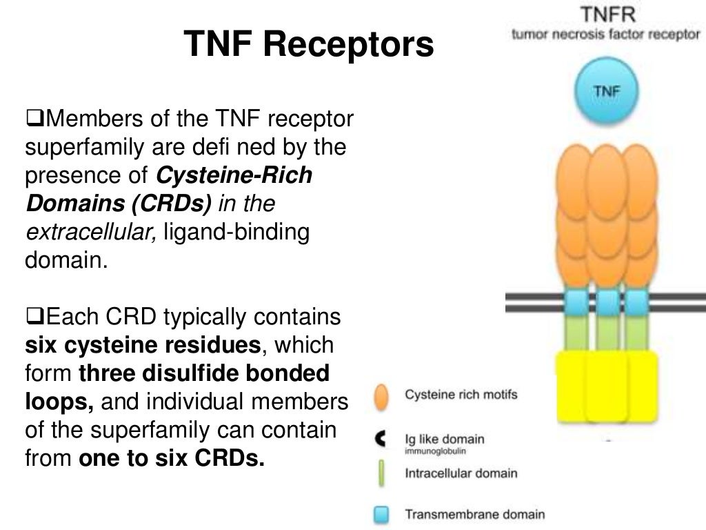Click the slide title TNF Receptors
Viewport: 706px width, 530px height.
[x=309, y=45]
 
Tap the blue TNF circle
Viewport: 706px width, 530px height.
[x=606, y=92]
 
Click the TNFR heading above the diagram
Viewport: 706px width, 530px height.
[x=605, y=14]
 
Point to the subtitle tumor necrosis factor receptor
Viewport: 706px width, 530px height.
[x=605, y=35]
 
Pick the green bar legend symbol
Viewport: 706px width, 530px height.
[x=381, y=474]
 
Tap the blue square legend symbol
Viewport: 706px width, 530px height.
[x=381, y=514]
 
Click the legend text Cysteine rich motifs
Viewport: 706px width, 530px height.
[x=461, y=395]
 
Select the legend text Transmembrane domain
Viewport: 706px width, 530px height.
[x=474, y=514]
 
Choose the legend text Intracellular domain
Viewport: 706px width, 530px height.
[x=461, y=473]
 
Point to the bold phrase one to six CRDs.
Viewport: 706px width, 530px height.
[x=172, y=459]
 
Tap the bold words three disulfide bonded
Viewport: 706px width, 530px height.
[x=204, y=373]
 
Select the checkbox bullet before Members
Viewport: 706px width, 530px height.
[x=34, y=119]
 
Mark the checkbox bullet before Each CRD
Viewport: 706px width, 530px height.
[x=34, y=317]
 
